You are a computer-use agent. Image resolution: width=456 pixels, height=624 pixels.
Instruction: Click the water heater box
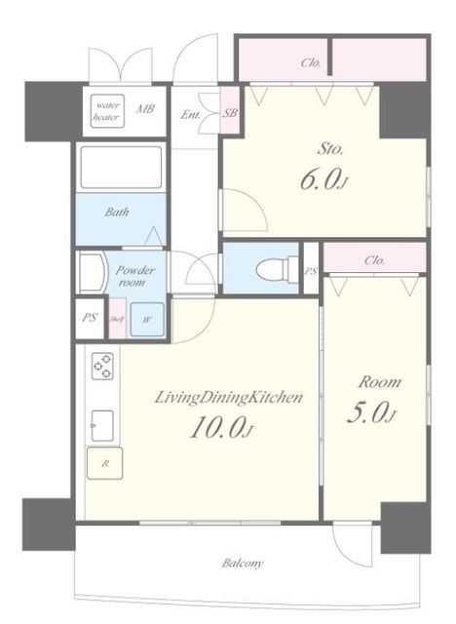(107, 111)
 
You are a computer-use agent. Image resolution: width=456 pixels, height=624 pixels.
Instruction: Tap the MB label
(145, 108)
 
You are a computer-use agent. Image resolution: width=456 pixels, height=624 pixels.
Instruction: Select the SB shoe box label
(230, 113)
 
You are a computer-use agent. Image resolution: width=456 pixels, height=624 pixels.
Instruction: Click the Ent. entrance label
(190, 115)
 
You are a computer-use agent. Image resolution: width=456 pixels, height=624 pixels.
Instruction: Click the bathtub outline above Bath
(121, 168)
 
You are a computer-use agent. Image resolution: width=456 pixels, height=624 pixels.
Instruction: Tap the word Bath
(117, 212)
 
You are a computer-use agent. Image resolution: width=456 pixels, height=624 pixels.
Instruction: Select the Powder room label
(134, 276)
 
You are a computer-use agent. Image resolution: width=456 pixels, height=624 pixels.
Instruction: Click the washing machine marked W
(147, 320)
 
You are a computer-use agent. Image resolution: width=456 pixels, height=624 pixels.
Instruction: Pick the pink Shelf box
(117, 319)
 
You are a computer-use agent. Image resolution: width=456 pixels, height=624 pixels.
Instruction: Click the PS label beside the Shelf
(91, 318)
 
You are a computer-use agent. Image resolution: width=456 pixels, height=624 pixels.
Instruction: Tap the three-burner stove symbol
(102, 367)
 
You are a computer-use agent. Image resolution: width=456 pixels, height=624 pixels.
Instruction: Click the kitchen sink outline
(102, 426)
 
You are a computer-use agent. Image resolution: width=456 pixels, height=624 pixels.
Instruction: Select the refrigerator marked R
(105, 464)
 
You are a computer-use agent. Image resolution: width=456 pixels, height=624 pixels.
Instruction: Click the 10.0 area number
(221, 428)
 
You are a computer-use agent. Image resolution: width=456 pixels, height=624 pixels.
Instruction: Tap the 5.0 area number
(371, 412)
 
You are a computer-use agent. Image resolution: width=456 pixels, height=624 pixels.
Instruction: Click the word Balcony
(243, 564)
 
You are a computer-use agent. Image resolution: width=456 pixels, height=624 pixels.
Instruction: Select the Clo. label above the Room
(374, 260)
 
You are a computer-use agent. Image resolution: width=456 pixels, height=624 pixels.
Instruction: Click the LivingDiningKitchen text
(229, 398)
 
